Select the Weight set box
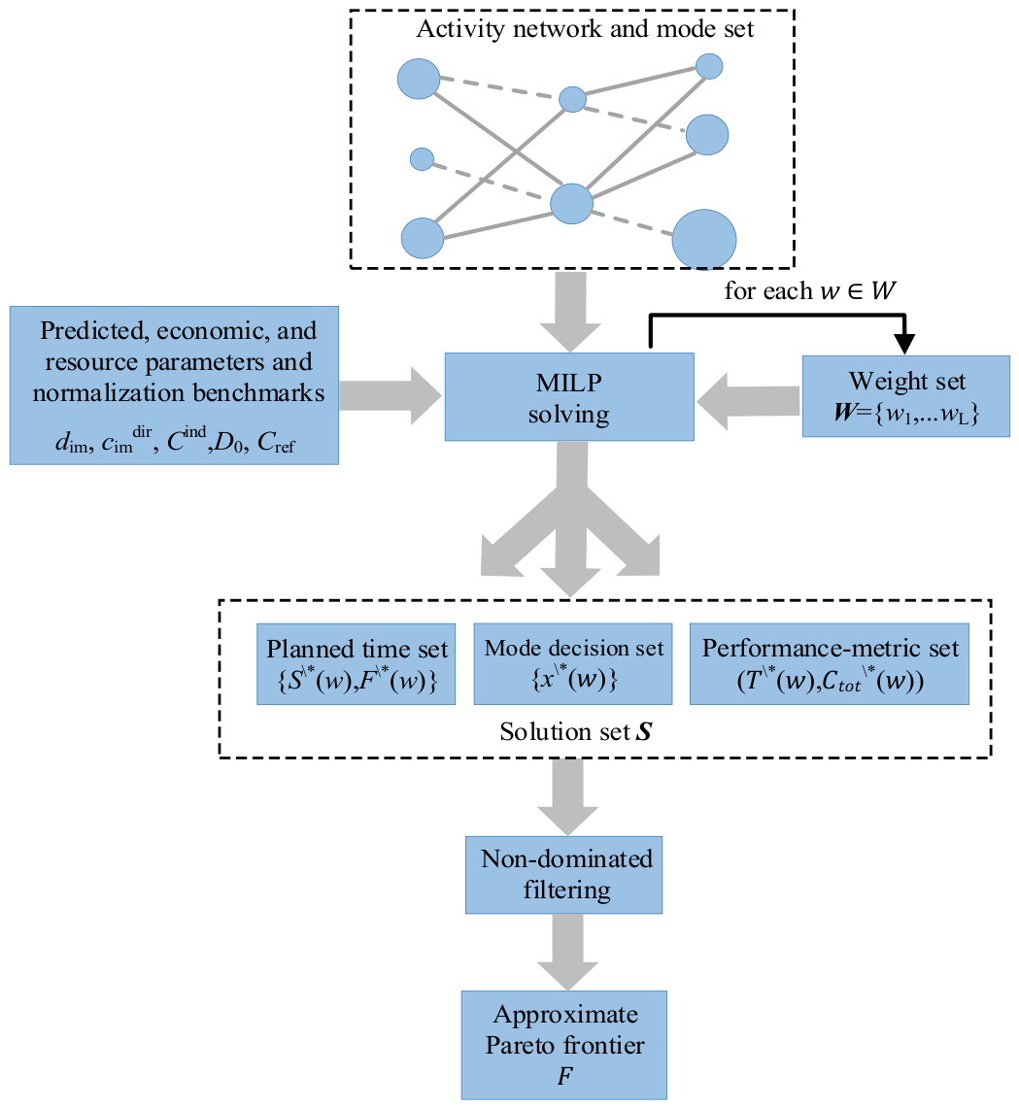click(904, 394)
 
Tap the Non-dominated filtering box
click(563, 874)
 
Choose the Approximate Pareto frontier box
click(564, 1044)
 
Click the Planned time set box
click(357, 664)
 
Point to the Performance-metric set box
click(830, 664)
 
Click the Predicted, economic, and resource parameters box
click(175, 386)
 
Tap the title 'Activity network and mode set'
click(585, 29)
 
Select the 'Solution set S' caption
click(575, 731)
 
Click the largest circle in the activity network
click(704, 239)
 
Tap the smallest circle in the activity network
click(422, 158)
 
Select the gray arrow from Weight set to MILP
click(748, 400)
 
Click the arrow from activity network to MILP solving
click(567, 311)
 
